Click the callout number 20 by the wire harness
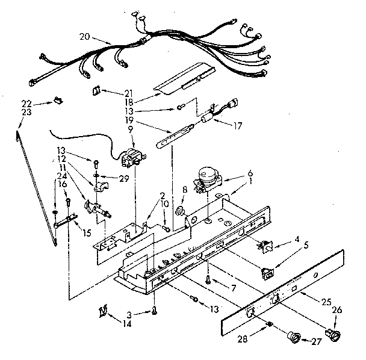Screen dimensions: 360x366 click(x=85, y=37)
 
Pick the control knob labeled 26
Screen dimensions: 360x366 click(x=330, y=332)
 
